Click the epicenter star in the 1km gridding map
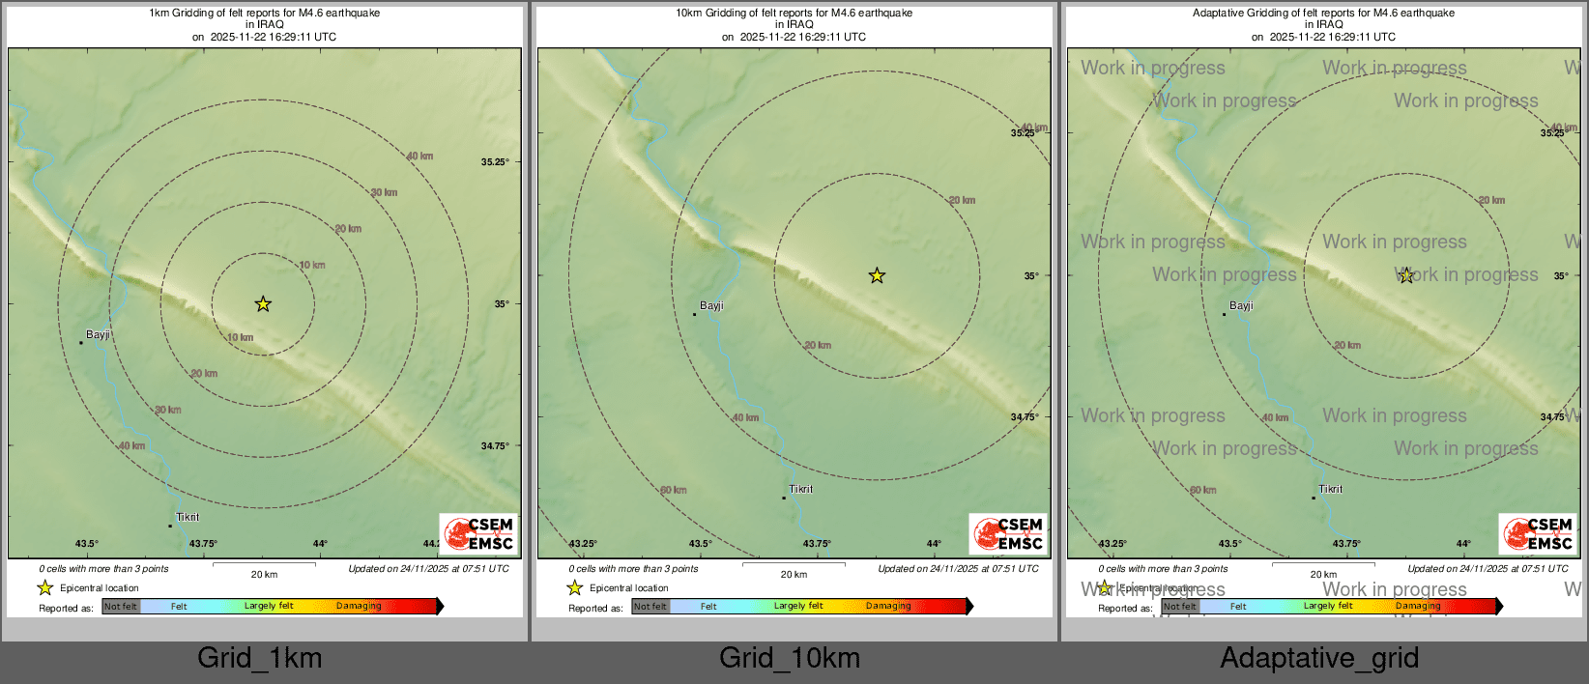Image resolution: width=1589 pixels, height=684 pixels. click(263, 304)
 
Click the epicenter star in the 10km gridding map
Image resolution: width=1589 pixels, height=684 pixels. click(877, 276)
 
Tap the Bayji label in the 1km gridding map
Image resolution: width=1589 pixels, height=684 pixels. click(98, 335)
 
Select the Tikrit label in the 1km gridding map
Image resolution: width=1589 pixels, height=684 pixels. click(188, 518)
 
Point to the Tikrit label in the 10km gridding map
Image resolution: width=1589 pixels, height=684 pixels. click(801, 490)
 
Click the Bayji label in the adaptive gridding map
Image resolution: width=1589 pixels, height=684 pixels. click(1241, 306)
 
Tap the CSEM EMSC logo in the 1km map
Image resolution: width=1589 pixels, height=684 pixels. click(478, 534)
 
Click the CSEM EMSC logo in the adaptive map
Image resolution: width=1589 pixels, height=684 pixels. click(1538, 534)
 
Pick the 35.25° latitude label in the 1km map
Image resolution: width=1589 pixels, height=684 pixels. click(495, 162)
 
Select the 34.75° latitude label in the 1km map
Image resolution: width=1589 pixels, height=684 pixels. click(495, 446)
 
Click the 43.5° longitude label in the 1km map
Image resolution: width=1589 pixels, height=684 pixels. click(87, 544)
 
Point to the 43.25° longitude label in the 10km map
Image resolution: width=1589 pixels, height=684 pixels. click(583, 544)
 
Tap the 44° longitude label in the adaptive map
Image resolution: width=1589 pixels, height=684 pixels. click(1463, 544)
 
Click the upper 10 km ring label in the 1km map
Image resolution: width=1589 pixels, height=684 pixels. click(312, 266)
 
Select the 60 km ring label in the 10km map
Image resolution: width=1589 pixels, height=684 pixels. click(674, 491)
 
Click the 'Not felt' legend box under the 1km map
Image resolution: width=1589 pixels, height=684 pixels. click(121, 607)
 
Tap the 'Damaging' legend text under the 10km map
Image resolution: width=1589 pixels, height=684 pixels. click(888, 607)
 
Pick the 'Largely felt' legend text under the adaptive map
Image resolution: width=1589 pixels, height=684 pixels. click(1328, 607)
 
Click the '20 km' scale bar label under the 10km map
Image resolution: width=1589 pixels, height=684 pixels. click(794, 575)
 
